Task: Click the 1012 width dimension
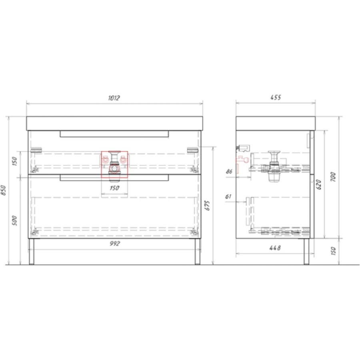[114, 98]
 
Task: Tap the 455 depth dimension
[276, 97]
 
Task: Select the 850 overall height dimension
[4, 190]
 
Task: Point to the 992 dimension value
[114, 243]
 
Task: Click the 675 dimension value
[207, 206]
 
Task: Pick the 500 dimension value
[14, 221]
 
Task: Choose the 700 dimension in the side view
[333, 177]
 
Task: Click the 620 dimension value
[319, 184]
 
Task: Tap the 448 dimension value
[275, 248]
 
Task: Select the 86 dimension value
[229, 171]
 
